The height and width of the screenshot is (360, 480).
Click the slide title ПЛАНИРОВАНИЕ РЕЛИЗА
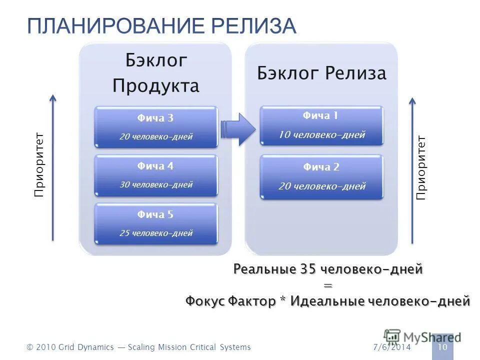(161, 26)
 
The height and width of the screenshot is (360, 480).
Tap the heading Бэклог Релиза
(321, 73)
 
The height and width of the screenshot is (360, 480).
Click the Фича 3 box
(156, 127)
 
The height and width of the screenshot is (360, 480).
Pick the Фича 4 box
(156, 175)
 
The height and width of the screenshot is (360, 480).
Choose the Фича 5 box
(156, 223)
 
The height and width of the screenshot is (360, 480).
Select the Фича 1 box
(321, 125)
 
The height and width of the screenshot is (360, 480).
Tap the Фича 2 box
(321, 177)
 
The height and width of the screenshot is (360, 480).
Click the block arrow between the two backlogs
(238, 129)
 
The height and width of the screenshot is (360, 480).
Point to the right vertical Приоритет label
(421, 167)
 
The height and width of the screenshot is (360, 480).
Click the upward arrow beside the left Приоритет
(53, 167)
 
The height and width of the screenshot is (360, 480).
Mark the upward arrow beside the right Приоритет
(412, 170)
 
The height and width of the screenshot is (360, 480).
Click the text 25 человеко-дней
(156, 233)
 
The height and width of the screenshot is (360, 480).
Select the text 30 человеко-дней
(156, 184)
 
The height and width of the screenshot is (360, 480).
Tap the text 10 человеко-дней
(321, 135)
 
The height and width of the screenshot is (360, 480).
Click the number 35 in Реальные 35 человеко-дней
(307, 269)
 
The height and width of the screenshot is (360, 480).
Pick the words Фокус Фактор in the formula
(230, 301)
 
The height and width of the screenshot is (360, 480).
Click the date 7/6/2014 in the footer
(391, 347)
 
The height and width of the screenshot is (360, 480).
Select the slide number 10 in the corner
(442, 347)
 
